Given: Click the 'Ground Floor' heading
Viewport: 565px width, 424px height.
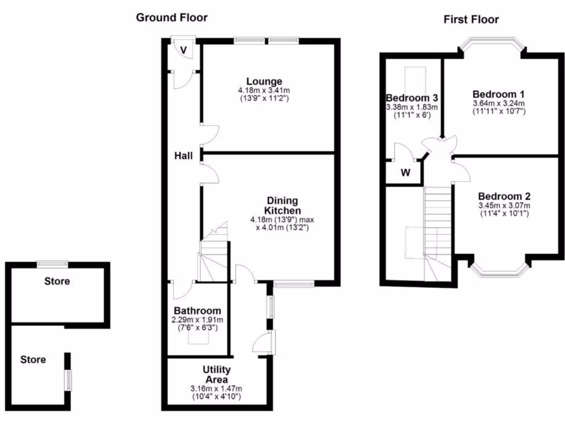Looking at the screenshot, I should pos(172,18).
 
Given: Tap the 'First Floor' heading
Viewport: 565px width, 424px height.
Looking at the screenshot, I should pos(471,20).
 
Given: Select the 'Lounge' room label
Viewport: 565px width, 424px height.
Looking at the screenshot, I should pos(264,81).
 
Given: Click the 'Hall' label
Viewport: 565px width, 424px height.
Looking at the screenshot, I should pos(183,156).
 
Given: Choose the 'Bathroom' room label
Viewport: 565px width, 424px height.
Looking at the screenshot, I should pos(198,311).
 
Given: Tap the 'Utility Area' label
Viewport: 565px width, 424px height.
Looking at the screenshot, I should pos(217,374).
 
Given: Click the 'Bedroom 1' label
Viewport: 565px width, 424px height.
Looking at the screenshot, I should pos(498,94).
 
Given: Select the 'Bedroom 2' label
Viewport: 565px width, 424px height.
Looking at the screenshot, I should pos(504,196).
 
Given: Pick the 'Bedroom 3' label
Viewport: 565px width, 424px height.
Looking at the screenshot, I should pos(412,98).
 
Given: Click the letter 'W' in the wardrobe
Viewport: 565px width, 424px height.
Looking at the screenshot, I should pos(406,172).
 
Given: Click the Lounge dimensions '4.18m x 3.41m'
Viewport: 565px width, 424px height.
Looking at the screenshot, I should pos(264,90).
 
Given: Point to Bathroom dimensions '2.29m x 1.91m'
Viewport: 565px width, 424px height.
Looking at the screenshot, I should pos(198,320).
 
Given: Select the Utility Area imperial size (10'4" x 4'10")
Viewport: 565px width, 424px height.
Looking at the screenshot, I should pos(217,396).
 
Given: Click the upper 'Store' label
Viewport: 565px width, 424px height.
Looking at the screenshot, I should pos(57,281).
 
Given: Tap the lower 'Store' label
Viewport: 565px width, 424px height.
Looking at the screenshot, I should pos(33,359).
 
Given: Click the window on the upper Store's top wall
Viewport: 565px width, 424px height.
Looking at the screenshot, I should pos(52,264).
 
